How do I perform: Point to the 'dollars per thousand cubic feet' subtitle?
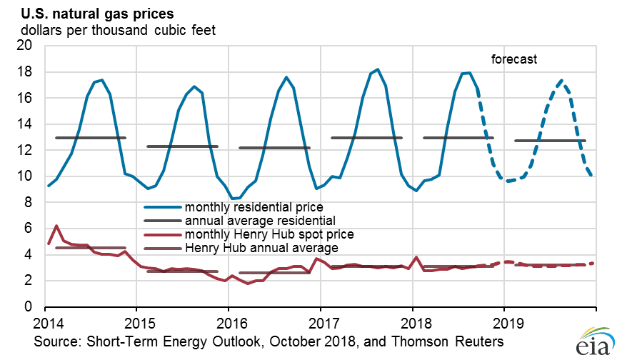pos(118,30)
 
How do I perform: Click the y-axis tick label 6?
pos(30,229)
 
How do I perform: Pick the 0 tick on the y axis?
pos(30,307)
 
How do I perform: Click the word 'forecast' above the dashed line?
pos(513,60)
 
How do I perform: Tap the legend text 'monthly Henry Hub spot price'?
pos(269,234)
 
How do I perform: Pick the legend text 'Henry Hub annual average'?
pos(261,247)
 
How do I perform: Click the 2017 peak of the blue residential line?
pos(378,69)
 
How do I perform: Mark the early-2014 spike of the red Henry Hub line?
pos(56,226)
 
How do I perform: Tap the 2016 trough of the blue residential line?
pos(231,199)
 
